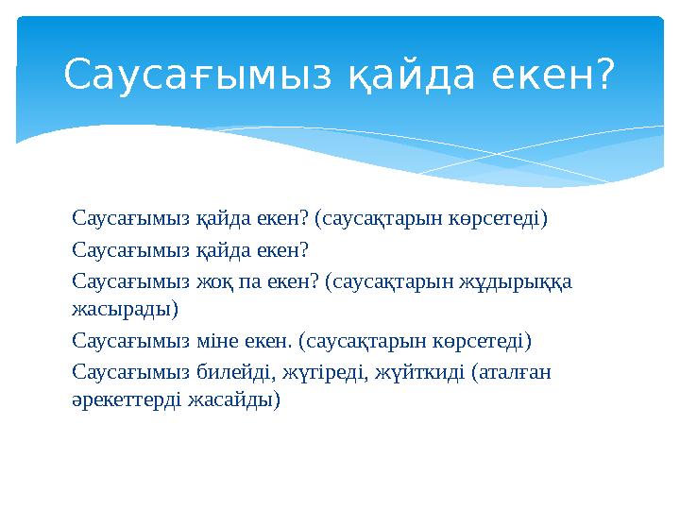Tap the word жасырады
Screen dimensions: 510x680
pos(124,307)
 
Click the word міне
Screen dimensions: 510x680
pos(217,339)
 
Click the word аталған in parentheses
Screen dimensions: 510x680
pos(513,371)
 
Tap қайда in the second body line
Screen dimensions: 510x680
pos(223,250)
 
